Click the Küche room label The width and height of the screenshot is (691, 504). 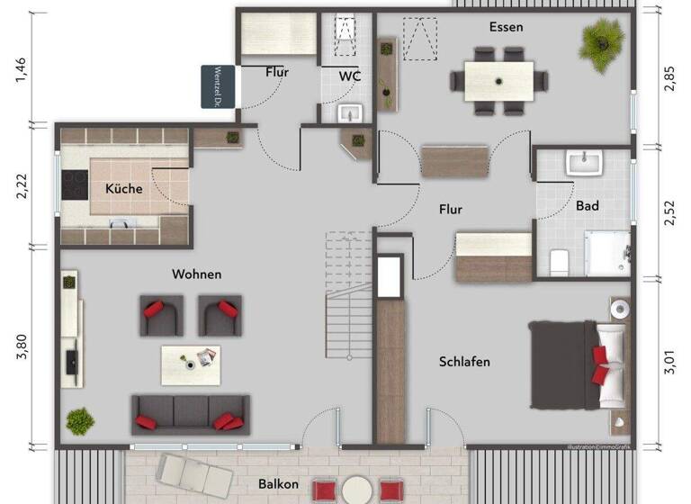click(x=123, y=189)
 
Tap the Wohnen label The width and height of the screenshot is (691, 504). click(x=196, y=274)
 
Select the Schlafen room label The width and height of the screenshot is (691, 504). click(x=464, y=362)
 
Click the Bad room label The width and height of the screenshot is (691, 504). click(x=588, y=206)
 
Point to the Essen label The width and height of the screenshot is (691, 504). click(x=506, y=27)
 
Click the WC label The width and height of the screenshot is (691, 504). click(x=350, y=76)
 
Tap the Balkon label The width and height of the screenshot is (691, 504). click(x=279, y=484)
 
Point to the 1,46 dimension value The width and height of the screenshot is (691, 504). click(x=22, y=69)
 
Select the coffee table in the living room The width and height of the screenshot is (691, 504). click(x=191, y=364)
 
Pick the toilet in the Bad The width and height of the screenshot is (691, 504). click(x=558, y=261)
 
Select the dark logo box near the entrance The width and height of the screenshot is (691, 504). click(x=217, y=86)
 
